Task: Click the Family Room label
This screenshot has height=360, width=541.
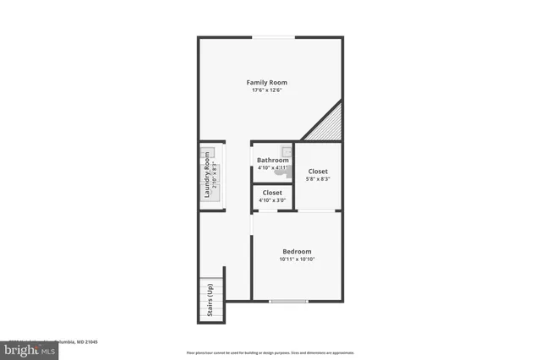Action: pos(266,82)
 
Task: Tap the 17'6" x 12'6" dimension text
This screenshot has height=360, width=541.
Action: pos(266,90)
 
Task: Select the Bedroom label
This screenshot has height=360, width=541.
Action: pos(297,251)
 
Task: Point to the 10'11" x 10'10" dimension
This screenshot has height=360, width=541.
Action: pos(297,259)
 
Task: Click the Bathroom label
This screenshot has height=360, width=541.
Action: pos(273,160)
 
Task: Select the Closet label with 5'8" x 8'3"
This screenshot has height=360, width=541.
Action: pos(318,172)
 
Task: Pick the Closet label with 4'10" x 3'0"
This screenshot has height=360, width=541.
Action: pos(272,193)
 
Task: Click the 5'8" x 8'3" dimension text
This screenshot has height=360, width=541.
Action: pos(318,179)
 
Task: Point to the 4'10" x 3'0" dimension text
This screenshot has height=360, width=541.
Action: pos(272,200)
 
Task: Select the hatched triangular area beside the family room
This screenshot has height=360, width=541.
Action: pos(329,125)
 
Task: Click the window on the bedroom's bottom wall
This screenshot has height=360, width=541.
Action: pos(288,302)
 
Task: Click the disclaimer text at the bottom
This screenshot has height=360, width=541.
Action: pos(270,352)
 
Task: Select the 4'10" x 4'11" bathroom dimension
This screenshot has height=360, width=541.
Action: pos(273,167)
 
